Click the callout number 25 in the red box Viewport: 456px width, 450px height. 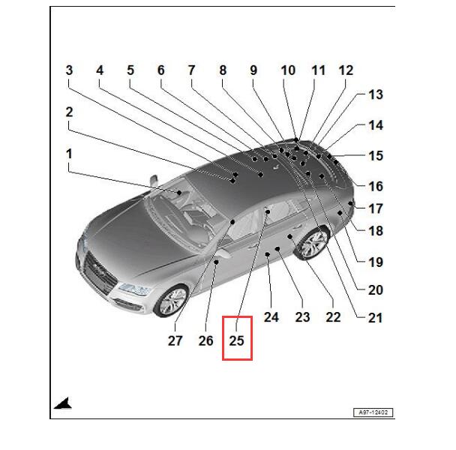236,340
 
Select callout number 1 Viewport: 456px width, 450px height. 69,154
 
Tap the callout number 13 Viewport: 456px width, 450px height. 376,94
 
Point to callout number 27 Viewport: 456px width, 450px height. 175,340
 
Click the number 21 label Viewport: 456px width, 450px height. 375,318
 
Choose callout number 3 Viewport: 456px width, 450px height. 69,70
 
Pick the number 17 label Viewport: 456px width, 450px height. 376,208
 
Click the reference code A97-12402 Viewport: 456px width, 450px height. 373,412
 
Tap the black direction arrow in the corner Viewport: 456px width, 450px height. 63,403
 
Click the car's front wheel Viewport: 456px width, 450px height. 172,301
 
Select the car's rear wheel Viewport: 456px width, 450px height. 313,242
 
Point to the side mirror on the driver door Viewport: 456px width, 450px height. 224,253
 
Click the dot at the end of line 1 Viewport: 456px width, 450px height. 179,193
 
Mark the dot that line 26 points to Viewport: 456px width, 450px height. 216,262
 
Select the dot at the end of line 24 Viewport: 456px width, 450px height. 268,254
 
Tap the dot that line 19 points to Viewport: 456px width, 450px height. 340,213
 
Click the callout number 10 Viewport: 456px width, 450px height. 288,70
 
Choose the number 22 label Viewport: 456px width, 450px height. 333,317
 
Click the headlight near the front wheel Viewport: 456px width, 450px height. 135,289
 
